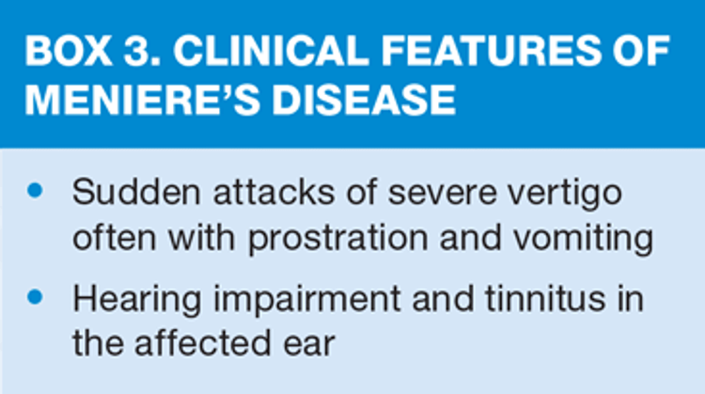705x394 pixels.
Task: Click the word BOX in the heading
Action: (69, 51)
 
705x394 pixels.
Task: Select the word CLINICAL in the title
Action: (271, 51)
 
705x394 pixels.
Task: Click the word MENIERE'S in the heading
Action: (143, 100)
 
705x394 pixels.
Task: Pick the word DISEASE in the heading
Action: (364, 100)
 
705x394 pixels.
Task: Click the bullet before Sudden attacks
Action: (35, 191)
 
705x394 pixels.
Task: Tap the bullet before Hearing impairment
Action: (35, 297)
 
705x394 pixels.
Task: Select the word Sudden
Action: (136, 192)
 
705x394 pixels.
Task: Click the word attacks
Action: (274, 192)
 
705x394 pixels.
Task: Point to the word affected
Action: (203, 342)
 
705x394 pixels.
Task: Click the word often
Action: (115, 237)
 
